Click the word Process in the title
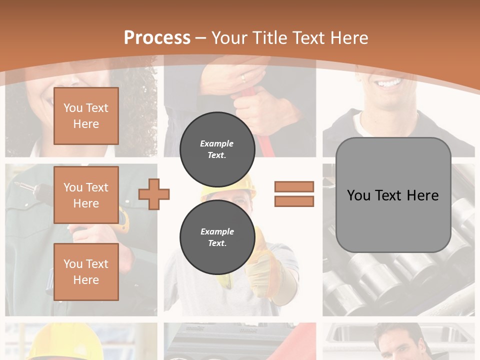tap(157, 38)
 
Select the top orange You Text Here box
tap(86, 116)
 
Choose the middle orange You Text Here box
tap(86, 195)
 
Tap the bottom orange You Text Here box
tap(86, 271)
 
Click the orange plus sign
tap(154, 194)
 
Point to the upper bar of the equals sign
tap(294, 186)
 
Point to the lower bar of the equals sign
tap(294, 201)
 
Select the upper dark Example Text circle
tap(217, 149)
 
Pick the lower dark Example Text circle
tap(217, 237)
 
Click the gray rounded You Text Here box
tap(393, 195)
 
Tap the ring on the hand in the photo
tap(243, 78)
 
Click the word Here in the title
tap(348, 38)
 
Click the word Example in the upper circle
tap(217, 143)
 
